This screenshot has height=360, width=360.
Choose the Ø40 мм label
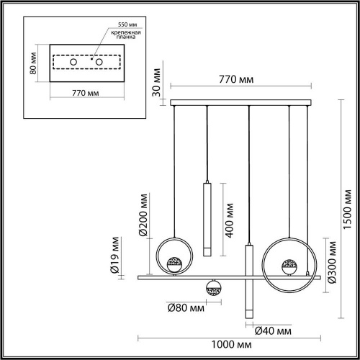pos(273,330)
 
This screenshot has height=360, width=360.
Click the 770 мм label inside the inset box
pos(86,93)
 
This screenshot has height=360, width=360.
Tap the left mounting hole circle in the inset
pos(73,63)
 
